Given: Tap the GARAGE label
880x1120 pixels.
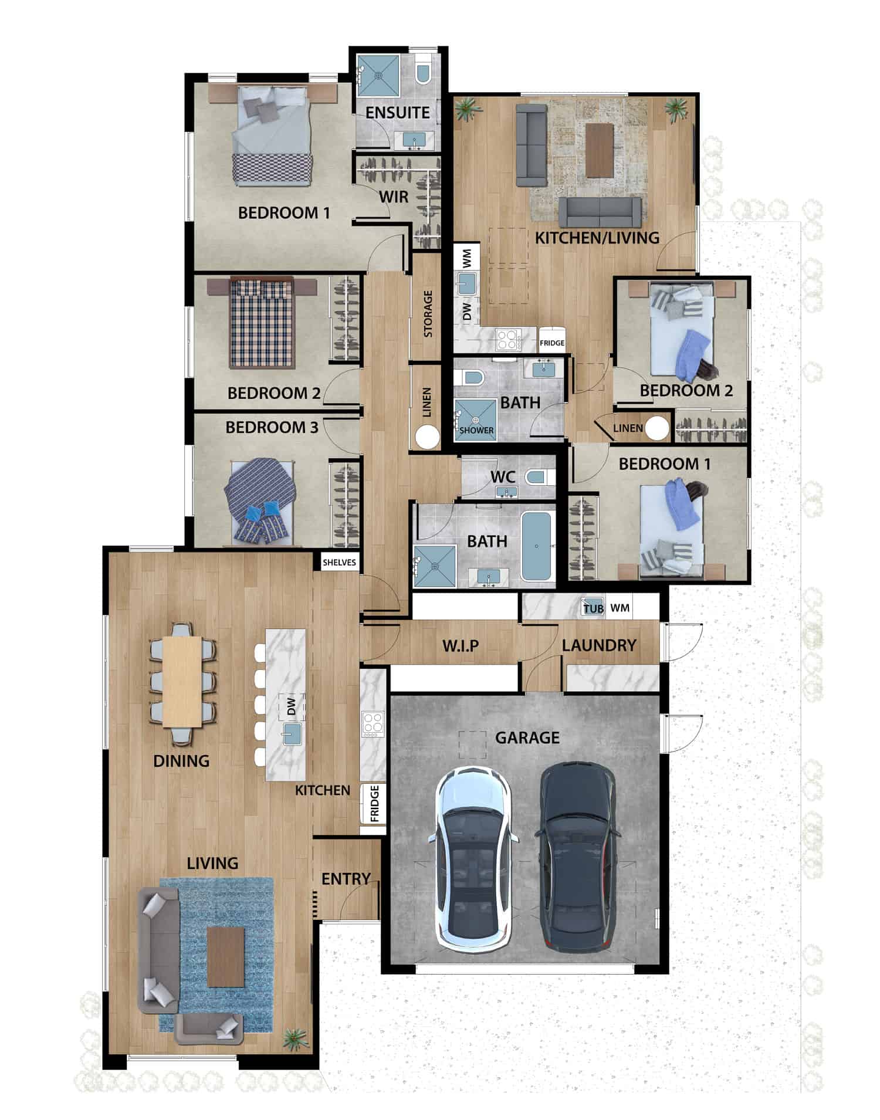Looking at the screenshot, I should [x=527, y=737].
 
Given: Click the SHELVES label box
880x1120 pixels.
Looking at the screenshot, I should [x=339, y=562].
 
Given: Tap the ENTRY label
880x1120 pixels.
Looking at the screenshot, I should [x=346, y=878].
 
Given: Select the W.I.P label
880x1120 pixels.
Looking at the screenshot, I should [x=460, y=646].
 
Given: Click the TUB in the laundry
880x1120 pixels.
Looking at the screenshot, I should [x=593, y=608].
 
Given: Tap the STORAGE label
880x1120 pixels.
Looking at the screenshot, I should [x=428, y=313].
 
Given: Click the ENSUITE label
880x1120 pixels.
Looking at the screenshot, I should [x=397, y=113].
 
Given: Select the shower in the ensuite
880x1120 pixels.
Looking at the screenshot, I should [x=378, y=75].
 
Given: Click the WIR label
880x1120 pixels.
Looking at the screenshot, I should [x=393, y=197].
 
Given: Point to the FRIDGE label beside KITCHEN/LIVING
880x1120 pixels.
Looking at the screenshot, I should [x=551, y=343].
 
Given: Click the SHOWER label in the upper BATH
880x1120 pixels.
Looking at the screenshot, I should [x=476, y=430].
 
